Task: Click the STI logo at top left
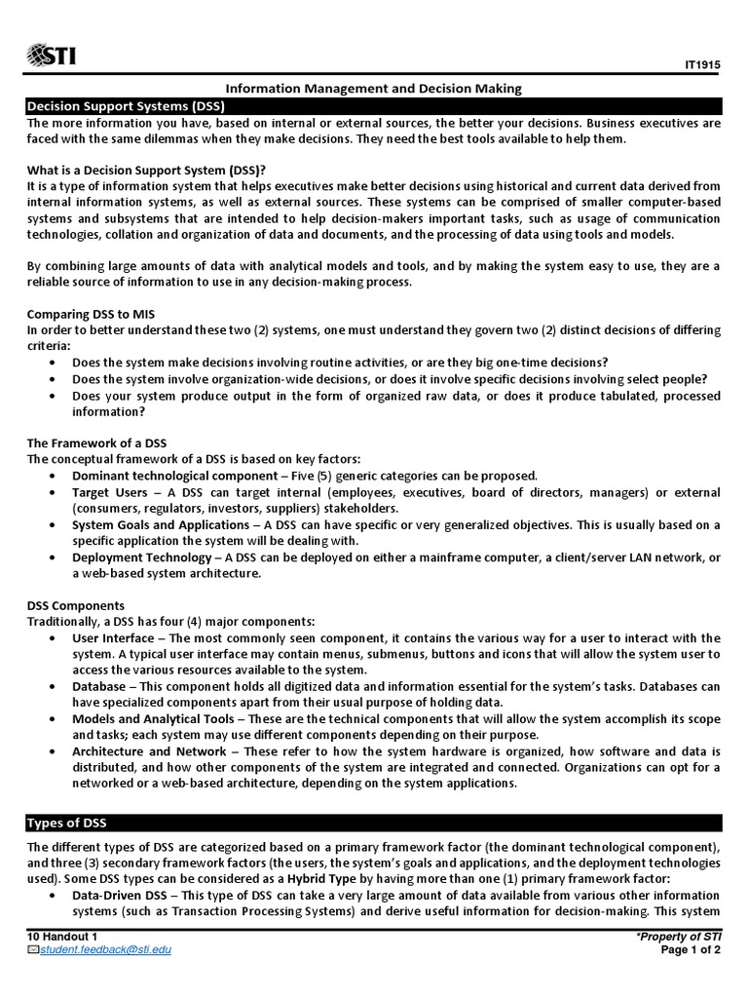click(53, 54)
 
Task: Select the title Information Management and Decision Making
click(374, 89)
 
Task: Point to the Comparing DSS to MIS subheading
click(91, 314)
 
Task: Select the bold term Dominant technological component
click(174, 476)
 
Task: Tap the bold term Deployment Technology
click(141, 557)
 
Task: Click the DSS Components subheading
click(76, 605)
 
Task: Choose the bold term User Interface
click(113, 638)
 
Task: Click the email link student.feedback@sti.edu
click(105, 949)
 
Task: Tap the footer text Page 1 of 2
click(690, 950)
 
